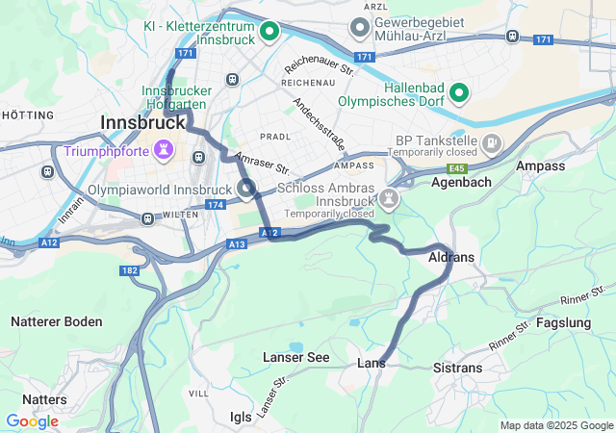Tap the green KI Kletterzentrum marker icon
pyautogui.click(x=270, y=32)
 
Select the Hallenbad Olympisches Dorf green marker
pyautogui.click(x=460, y=93)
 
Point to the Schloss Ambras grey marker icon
pyautogui.click(x=390, y=198)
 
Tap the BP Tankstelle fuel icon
pyautogui.click(x=493, y=144)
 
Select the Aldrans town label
pyautogui.click(x=450, y=258)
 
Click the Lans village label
pyautogui.click(x=372, y=363)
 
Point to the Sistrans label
pyautogui.click(x=458, y=369)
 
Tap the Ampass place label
pyautogui.click(x=541, y=166)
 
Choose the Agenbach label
pyautogui.click(x=461, y=181)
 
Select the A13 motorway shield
pyautogui.click(x=238, y=244)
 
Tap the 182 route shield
pyautogui.click(x=129, y=271)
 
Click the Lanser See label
pyautogui.click(x=296, y=358)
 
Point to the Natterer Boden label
pyautogui.click(x=56, y=321)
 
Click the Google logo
pyautogui.click(x=32, y=421)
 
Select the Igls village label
pyautogui.click(x=241, y=417)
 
